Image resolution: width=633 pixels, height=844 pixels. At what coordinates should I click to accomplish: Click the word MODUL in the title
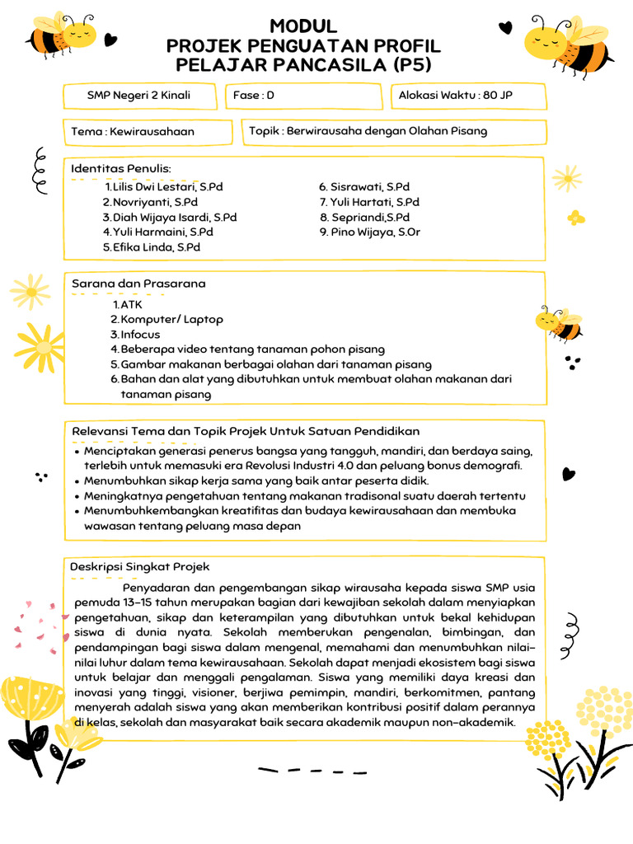[303, 26]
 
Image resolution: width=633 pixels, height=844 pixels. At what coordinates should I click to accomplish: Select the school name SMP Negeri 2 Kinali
[138, 96]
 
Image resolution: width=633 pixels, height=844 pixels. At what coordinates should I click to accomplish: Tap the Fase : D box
[254, 96]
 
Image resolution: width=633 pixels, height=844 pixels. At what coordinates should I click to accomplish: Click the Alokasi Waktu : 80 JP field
[455, 96]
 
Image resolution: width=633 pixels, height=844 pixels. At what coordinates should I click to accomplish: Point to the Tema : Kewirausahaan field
[133, 131]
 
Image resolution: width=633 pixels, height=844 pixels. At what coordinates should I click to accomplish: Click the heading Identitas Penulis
[121, 169]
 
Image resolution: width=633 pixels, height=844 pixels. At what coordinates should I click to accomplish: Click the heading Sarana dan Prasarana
[138, 284]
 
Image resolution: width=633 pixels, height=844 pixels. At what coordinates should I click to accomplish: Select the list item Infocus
[140, 335]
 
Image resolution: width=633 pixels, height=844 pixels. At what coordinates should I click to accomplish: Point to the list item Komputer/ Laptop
[171, 319]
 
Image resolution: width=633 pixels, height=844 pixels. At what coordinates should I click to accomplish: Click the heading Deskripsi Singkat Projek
[140, 567]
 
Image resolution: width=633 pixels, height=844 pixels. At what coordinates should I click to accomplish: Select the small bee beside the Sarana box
[560, 324]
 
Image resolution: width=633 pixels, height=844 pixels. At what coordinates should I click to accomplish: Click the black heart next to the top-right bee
[505, 28]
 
